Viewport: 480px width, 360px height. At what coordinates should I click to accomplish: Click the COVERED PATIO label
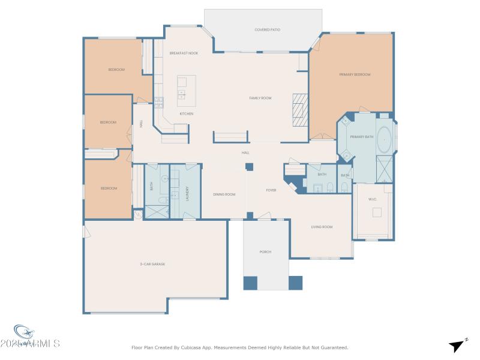coord(268,29)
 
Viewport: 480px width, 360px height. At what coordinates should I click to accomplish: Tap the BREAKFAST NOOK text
coord(184,53)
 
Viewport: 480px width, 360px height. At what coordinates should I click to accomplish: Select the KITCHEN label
coord(187,113)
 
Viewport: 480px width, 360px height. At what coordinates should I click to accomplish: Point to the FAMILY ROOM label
coord(260,98)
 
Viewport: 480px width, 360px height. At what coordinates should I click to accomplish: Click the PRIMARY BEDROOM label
coord(355,74)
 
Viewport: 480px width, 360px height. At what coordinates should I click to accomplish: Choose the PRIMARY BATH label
coord(362,137)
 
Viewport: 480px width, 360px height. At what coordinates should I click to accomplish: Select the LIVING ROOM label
coord(322,227)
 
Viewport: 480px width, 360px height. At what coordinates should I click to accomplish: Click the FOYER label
coord(271,190)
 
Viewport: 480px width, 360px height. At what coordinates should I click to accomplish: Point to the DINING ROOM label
coord(224,194)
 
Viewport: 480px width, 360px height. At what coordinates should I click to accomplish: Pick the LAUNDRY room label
coord(187,193)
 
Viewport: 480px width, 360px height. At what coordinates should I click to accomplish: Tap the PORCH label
coord(265,252)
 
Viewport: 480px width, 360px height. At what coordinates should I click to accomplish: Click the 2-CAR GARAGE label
coord(152,264)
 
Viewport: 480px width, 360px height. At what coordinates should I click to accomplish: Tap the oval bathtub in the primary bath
coord(385,139)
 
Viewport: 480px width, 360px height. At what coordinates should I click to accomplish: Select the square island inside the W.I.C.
coord(377,212)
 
